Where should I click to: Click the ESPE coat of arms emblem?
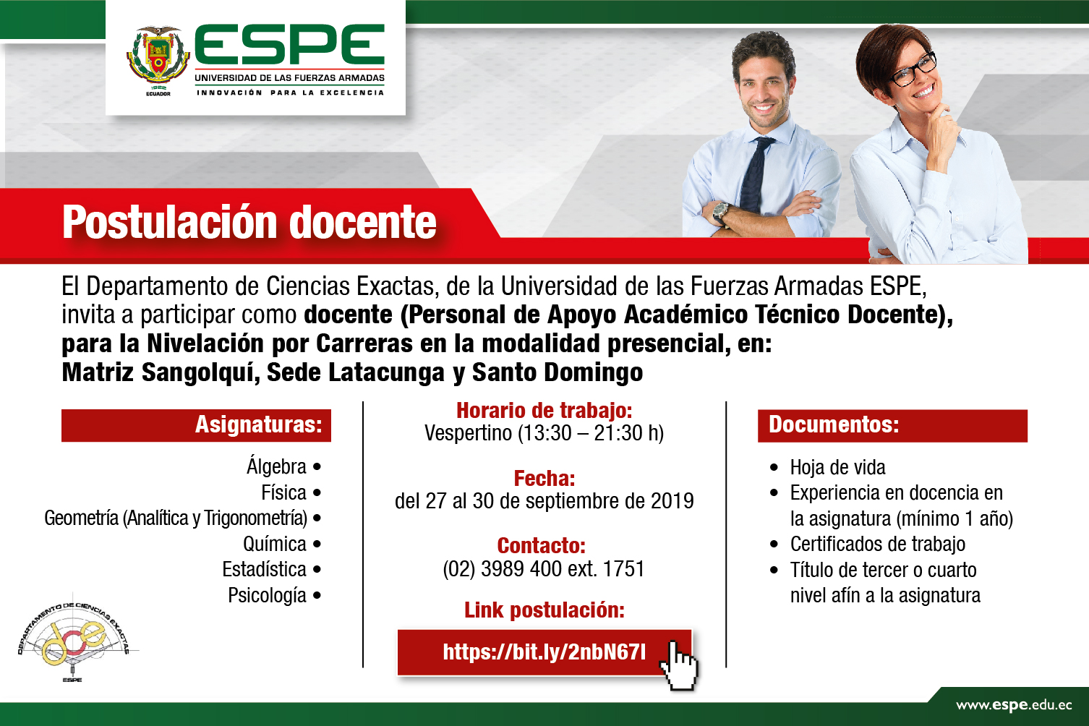pos(158,57)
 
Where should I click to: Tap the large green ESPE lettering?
pos(290,44)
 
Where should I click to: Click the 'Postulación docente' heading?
pos(249,222)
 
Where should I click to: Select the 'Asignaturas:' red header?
pos(196,425)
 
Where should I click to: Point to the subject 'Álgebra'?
pos(276,467)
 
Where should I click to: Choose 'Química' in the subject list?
pos(275,544)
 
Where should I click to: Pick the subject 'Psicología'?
pos(267,595)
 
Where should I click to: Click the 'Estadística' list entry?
pos(264,569)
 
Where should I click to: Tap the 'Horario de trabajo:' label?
pos(544,411)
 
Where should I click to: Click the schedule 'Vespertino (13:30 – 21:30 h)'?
pos(544,432)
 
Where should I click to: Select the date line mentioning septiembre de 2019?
pos(544,501)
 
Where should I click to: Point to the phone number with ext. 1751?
pos(544,569)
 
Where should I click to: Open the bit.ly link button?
pos(544,652)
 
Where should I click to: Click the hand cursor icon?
pos(679,665)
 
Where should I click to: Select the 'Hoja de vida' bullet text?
pos(837,467)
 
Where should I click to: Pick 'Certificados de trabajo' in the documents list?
pos(878,544)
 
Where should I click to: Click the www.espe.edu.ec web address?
pos(1014,706)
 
